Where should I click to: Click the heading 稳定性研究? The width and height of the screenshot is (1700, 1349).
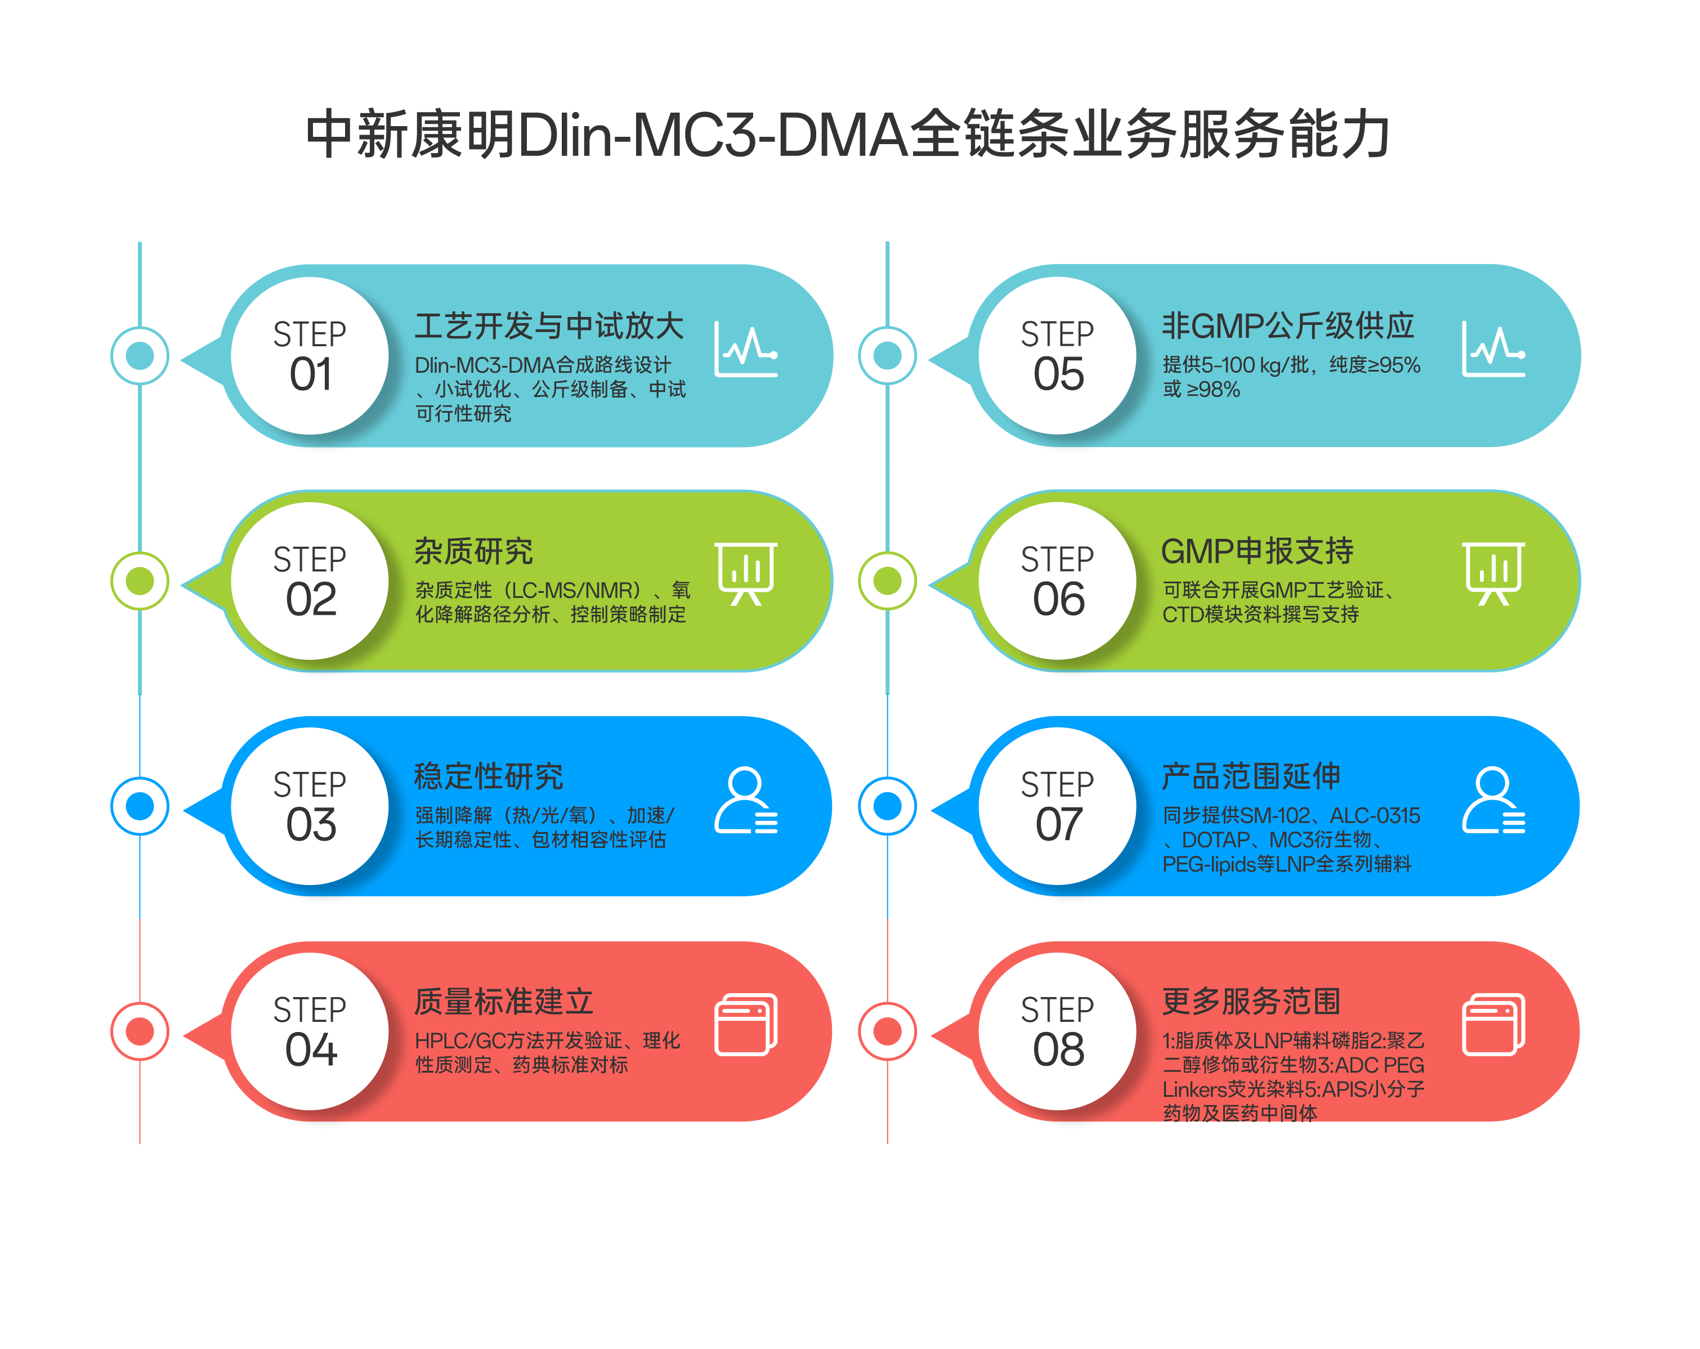[x=488, y=776]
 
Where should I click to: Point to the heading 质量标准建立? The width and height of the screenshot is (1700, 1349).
[x=503, y=1001]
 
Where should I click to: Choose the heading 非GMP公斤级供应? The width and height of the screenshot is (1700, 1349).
[x=1287, y=325]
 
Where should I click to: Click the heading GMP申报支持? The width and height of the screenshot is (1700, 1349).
[x=1257, y=551]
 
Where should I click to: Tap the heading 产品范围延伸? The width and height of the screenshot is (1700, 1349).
[x=1251, y=776]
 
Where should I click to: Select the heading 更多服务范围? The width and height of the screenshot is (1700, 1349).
[x=1251, y=1001]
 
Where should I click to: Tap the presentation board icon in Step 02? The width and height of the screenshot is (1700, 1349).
[x=746, y=573]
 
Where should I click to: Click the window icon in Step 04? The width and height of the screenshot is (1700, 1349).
[x=746, y=1024]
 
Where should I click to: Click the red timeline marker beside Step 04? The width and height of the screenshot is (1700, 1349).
[x=140, y=1031]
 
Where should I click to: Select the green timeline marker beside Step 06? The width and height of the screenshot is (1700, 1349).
[x=887, y=581]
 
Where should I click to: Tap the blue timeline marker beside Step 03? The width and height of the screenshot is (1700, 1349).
[x=140, y=806]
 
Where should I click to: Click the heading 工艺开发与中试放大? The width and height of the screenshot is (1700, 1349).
[x=549, y=325]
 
